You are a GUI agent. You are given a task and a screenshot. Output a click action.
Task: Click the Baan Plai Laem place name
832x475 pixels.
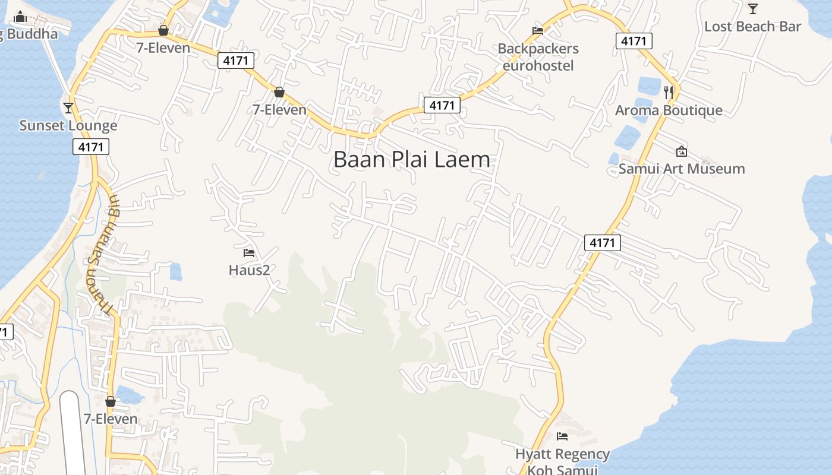point(412,160)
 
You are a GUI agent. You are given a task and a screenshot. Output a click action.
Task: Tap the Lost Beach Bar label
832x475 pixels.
point(752,27)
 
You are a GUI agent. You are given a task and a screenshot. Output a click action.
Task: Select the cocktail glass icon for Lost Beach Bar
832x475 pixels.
point(753,8)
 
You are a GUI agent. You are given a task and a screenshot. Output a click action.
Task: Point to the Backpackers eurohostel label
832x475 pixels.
point(538,57)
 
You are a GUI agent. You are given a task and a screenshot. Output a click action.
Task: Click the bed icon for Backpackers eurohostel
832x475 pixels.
point(538,31)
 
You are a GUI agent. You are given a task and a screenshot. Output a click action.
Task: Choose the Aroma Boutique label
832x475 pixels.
point(669,110)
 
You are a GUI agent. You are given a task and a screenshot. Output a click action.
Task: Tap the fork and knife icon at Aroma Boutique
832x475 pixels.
point(669,92)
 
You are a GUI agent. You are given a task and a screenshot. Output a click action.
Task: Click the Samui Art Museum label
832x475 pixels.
point(682,169)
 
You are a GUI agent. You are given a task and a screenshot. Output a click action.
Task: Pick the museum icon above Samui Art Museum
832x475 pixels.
point(682,151)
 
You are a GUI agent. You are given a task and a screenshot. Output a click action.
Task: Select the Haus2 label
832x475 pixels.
point(249,270)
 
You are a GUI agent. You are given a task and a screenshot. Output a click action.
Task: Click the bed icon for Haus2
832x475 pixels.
point(249,253)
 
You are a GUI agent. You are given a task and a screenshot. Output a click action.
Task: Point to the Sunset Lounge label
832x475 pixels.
point(68,126)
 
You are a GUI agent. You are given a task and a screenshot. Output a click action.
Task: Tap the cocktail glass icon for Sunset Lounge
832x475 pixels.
point(68,107)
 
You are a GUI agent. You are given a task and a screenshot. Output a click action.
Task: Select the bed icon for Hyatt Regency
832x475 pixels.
point(562,437)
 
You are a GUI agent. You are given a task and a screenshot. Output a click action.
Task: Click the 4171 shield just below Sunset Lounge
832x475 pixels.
point(91,147)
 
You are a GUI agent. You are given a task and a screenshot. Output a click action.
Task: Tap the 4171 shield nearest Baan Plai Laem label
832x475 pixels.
point(442,106)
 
